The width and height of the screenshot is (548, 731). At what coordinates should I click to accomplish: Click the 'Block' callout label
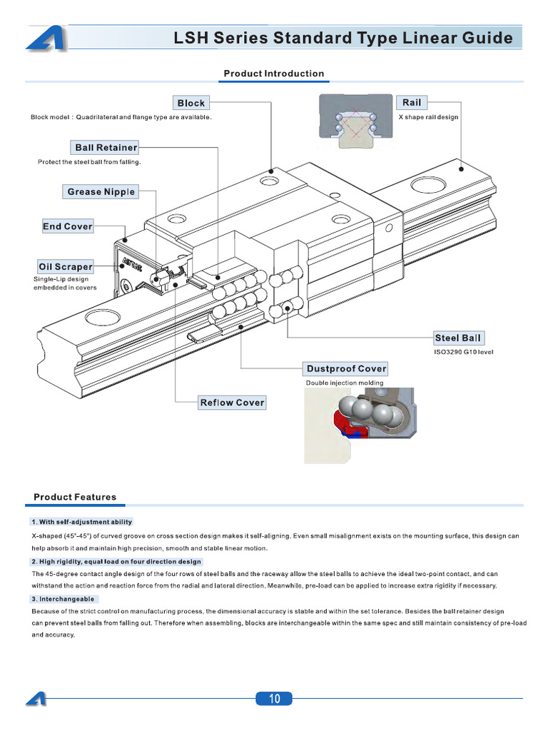point(191,103)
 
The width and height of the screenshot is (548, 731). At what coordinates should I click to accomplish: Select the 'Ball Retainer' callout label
point(106,148)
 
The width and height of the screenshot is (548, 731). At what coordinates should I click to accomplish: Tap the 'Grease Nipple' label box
point(101,191)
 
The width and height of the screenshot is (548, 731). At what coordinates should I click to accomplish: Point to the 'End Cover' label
point(68,226)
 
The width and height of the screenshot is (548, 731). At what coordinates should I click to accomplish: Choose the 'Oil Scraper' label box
point(66,267)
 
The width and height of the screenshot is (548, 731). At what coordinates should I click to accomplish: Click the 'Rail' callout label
point(412,103)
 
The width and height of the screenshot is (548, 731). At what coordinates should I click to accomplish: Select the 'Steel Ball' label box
point(457,338)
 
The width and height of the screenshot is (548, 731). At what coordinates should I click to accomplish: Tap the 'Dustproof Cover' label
point(346,369)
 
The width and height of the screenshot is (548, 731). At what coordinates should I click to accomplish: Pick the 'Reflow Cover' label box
point(232,403)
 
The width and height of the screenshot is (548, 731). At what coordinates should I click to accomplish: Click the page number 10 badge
point(274,699)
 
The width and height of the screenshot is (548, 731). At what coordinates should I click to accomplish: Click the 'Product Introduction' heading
point(274,74)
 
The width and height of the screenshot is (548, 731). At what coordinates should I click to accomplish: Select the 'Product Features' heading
point(75,497)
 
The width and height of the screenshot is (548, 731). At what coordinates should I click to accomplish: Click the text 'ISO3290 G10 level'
point(464,352)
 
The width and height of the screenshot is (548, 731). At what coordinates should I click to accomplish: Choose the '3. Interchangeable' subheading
point(64,598)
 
